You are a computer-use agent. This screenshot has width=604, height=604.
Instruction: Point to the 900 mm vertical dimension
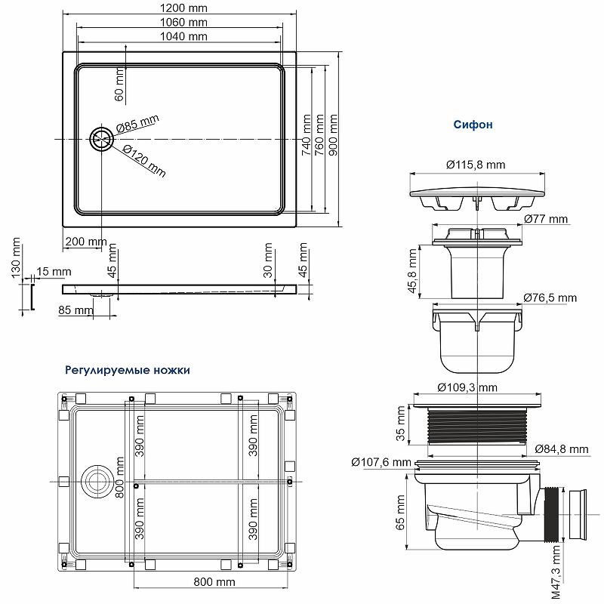pos(333,134)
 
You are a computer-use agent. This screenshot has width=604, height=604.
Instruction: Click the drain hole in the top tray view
pos(101,140)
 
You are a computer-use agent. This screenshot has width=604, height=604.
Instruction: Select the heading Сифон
pos(473,125)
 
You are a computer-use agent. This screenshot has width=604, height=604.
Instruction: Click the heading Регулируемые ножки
pos(128,371)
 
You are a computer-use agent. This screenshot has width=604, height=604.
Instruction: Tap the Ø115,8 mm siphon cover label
pos(475,164)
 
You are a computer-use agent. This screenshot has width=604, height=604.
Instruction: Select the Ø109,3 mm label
pos(467,387)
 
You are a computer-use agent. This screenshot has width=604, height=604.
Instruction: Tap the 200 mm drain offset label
pos(86,242)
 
